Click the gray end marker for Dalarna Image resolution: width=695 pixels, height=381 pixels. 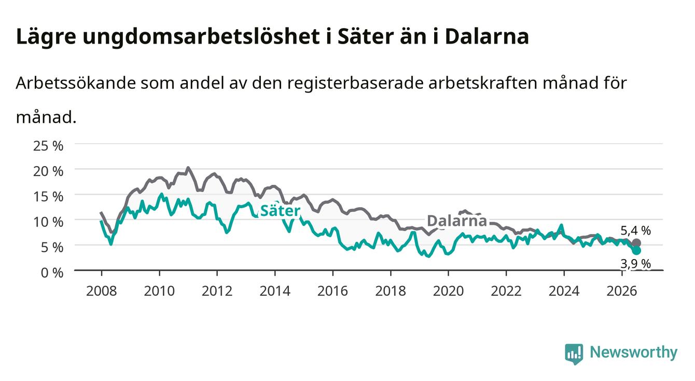pyautogui.click(x=636, y=243)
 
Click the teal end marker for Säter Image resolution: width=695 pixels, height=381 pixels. pyautogui.click(x=636, y=250)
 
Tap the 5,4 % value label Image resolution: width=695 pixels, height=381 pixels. pyautogui.click(x=635, y=230)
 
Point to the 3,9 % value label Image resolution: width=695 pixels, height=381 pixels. pyautogui.click(x=635, y=264)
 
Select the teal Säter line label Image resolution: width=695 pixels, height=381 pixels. pyautogui.click(x=280, y=211)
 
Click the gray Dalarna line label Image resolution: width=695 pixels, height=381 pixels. pyautogui.click(x=457, y=221)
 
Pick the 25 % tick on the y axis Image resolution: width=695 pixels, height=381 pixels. pyautogui.click(x=48, y=146)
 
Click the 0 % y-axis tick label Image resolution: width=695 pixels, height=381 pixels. pyautogui.click(x=52, y=273)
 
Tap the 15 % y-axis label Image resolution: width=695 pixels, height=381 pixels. pyautogui.click(x=48, y=197)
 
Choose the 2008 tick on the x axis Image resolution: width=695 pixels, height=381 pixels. pyautogui.click(x=102, y=291)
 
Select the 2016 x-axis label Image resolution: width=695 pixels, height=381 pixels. pyautogui.click(x=332, y=291)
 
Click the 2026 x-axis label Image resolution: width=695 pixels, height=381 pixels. pyautogui.click(x=622, y=291)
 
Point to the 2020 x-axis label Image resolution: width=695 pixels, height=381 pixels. pyautogui.click(x=448, y=291)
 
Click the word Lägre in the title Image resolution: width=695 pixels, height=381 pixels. pyautogui.click(x=46, y=37)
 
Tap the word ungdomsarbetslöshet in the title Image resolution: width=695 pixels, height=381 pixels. pyautogui.click(x=201, y=37)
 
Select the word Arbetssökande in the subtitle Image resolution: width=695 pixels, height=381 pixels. pyautogui.click(x=76, y=83)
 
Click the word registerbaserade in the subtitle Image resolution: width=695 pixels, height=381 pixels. pyautogui.click(x=355, y=84)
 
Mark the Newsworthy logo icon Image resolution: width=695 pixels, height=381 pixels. pyautogui.click(x=574, y=353)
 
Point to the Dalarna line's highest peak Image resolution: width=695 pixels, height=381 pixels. pyautogui.click(x=188, y=168)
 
